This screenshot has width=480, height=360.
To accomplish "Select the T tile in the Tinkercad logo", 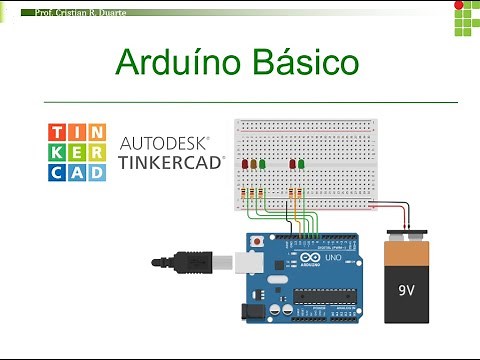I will tap(61, 132).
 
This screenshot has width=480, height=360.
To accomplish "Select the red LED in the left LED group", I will tap(246, 164).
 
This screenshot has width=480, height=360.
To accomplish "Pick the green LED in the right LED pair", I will tap(301, 164).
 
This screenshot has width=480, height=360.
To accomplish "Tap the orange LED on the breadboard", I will tap(254, 164).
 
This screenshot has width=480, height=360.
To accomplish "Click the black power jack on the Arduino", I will tap(252, 311).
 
